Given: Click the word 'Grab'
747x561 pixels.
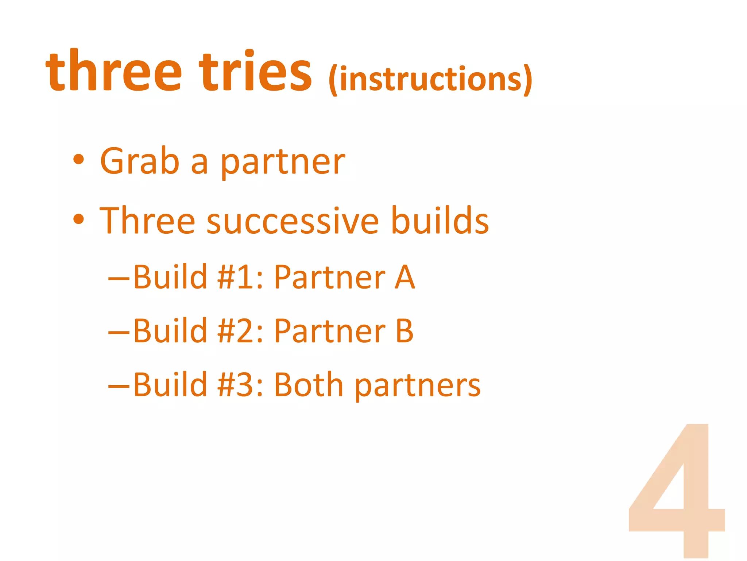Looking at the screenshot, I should pos(140,161).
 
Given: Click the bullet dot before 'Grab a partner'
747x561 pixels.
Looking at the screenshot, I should pos(78,160).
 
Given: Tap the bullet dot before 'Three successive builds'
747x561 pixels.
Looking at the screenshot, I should pos(78,219).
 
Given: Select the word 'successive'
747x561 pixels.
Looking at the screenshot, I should pos(293,221).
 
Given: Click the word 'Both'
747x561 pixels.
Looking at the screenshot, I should pos(309,385).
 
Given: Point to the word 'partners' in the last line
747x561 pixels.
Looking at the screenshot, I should pos(418,386).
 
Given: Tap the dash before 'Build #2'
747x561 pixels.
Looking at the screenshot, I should pos(119,332).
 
